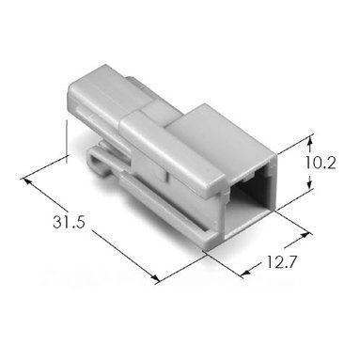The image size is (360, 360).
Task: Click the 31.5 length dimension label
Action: (69, 223)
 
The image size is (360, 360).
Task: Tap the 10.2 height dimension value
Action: (321, 164)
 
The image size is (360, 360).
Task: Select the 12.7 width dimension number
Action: (281, 262)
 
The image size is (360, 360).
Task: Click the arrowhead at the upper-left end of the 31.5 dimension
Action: (26, 181)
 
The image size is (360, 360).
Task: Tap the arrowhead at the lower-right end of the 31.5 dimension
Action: (154, 277)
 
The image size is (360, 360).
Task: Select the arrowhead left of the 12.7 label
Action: (246, 273)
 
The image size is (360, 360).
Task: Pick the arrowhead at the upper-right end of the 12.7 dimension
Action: (307, 235)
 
